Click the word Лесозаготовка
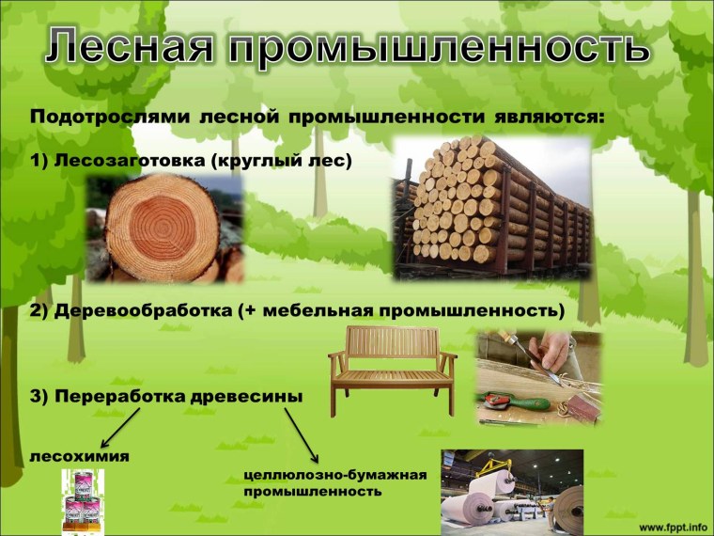(131, 161)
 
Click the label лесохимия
(80, 457)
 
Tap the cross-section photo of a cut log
(165, 229)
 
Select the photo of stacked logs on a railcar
(491, 209)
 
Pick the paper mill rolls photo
(512, 492)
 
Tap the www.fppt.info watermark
(674, 523)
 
